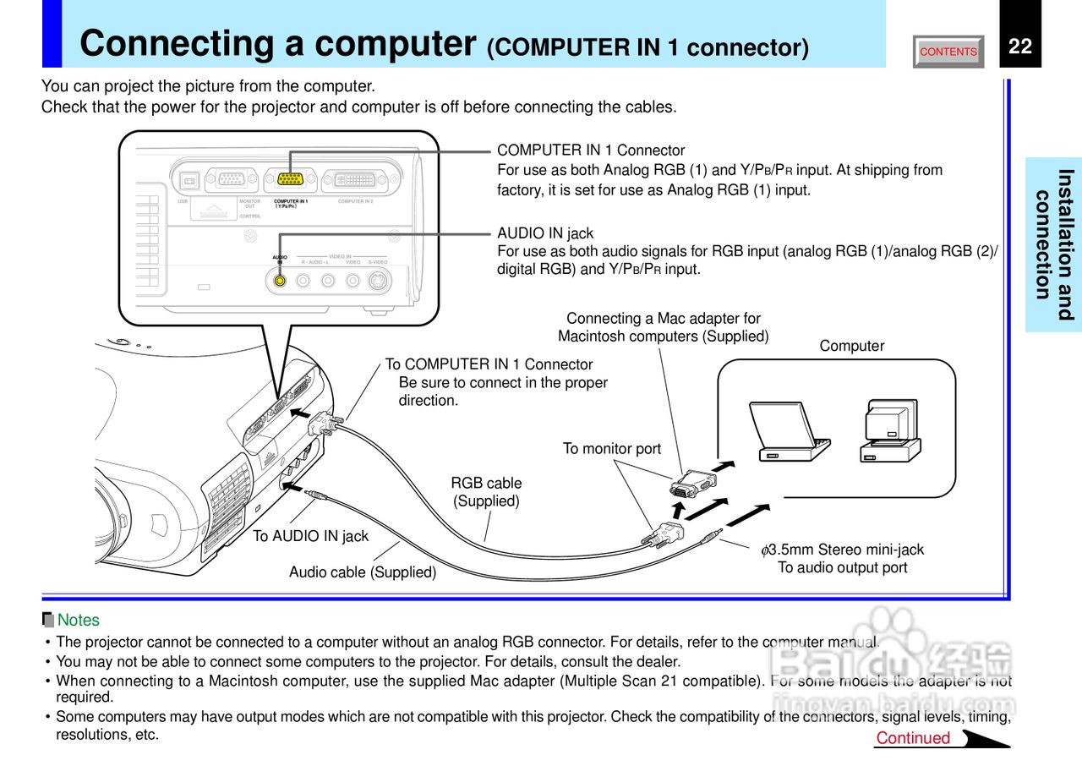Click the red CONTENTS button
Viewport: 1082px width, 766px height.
click(948, 52)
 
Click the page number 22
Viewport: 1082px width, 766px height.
click(1020, 47)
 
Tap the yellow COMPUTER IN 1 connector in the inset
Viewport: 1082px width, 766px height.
click(290, 179)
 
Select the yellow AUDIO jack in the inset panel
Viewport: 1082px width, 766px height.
click(281, 281)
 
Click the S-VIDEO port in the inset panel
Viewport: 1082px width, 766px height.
click(379, 282)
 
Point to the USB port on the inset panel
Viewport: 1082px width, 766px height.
click(188, 179)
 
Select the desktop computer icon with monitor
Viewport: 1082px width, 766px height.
click(891, 431)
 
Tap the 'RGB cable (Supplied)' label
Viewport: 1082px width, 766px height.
click(486, 492)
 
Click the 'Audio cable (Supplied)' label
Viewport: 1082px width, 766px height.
click(363, 572)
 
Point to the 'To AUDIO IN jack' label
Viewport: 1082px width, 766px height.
click(311, 536)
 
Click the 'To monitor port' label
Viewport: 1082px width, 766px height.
click(612, 449)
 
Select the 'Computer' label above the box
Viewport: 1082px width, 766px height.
click(851, 346)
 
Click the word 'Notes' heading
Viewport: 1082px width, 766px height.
click(78, 620)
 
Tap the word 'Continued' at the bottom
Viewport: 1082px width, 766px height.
click(913, 738)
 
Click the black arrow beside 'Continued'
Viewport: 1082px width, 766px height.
click(986, 740)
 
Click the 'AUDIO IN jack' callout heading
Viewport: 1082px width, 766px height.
click(545, 233)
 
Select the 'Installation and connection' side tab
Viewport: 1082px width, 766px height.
click(1054, 245)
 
